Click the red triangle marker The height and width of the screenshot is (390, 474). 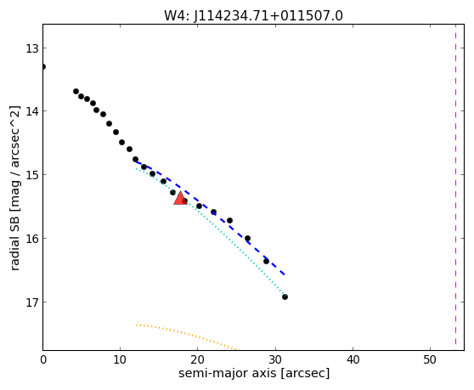[180, 198]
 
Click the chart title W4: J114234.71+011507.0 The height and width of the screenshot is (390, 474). [253, 15]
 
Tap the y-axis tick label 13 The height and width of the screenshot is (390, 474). [31, 48]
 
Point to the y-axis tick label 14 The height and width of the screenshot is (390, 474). [31, 111]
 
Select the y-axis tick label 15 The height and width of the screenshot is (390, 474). [31, 175]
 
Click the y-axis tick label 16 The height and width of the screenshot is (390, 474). [31, 239]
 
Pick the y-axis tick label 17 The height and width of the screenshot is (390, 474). [31, 302]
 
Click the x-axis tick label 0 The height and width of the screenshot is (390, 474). [43, 359]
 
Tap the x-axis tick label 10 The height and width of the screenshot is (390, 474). [121, 359]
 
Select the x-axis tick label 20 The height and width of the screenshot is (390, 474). [197, 359]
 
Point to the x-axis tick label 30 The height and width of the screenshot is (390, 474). [275, 359]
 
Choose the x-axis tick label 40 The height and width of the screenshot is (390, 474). [353, 359]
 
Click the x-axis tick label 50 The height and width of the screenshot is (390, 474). [430, 359]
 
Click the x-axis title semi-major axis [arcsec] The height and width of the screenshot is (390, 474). [254, 373]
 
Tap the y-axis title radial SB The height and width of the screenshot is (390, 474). [14, 240]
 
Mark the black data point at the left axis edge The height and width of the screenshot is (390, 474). [43, 66]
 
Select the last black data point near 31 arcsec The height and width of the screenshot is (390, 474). [285, 297]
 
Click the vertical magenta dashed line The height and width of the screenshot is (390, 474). [455, 184]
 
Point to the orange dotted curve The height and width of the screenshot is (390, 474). [186, 333]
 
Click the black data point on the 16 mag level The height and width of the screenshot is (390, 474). [247, 238]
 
